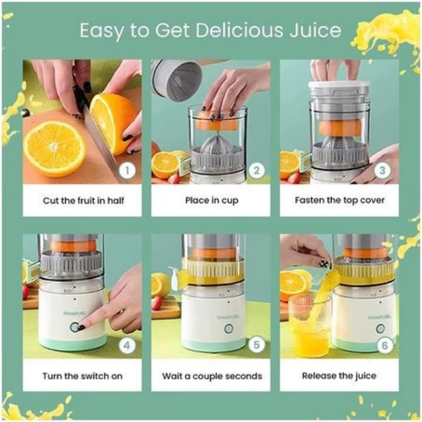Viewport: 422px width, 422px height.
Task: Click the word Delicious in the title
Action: point(239,30)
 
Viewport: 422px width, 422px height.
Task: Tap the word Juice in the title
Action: point(316,30)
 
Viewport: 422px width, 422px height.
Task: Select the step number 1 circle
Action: point(127,170)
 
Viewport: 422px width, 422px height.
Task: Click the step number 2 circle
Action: point(256,170)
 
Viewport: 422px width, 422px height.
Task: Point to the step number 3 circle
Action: point(383,170)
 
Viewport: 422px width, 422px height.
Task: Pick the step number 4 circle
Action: point(127,345)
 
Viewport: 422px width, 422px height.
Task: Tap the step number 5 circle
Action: point(256,345)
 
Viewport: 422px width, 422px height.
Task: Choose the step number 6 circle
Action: point(385,345)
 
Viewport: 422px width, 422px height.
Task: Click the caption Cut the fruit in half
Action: point(83,200)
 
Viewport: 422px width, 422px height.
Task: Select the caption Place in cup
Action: point(212,201)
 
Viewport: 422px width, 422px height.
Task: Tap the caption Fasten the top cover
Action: point(340,200)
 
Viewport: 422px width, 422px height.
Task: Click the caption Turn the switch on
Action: point(82,376)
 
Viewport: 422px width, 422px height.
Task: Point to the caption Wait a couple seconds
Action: point(212,376)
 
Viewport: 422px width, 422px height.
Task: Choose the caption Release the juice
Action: point(339,376)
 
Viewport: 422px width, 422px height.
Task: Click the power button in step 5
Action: point(228,329)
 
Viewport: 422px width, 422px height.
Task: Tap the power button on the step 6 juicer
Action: point(380,329)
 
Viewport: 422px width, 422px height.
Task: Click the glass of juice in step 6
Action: point(309,325)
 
